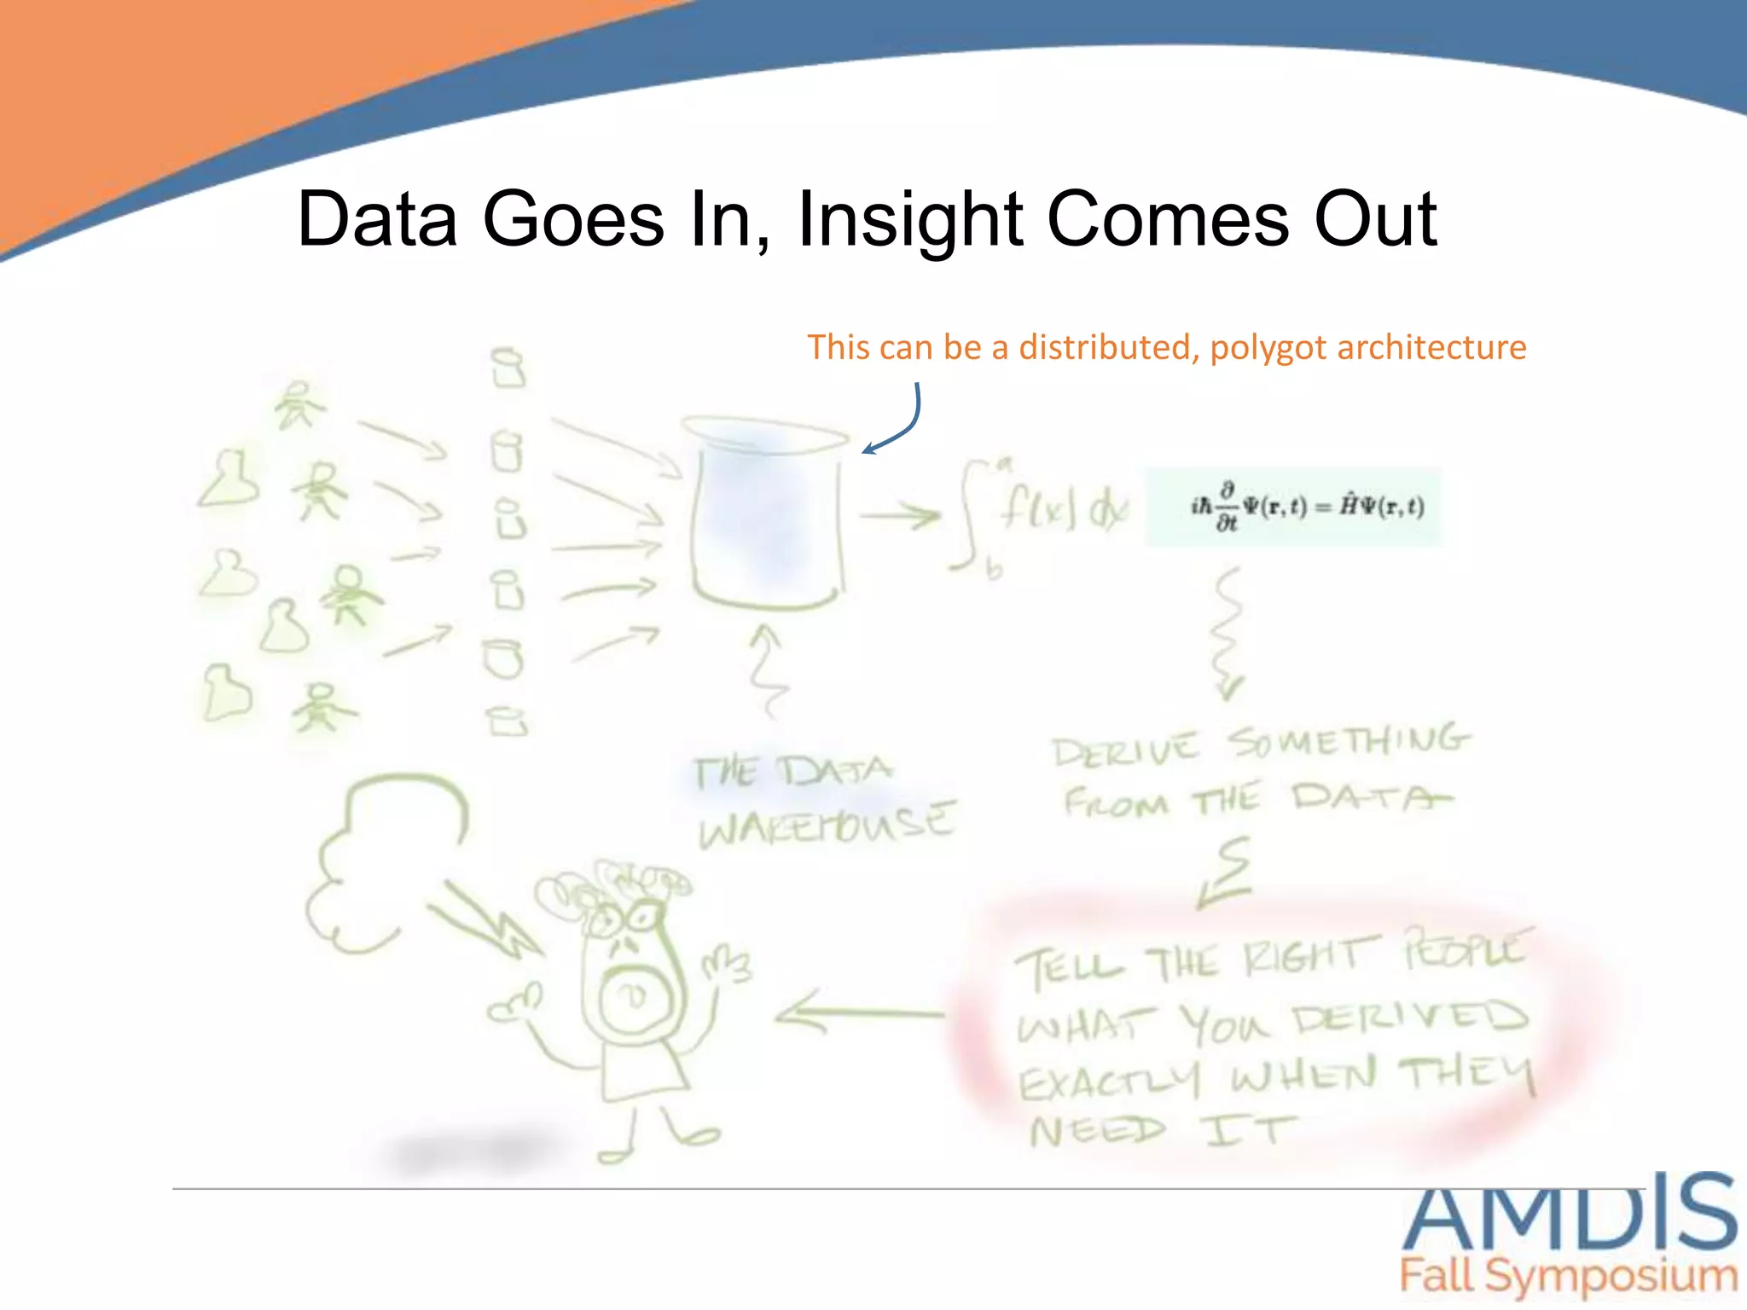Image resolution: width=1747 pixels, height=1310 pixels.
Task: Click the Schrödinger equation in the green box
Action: (1292, 507)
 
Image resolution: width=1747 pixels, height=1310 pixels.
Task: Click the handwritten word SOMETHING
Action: (1349, 741)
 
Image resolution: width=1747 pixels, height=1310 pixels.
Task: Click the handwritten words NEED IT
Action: (1160, 1132)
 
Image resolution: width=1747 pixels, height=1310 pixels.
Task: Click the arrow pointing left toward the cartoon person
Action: (857, 1012)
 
